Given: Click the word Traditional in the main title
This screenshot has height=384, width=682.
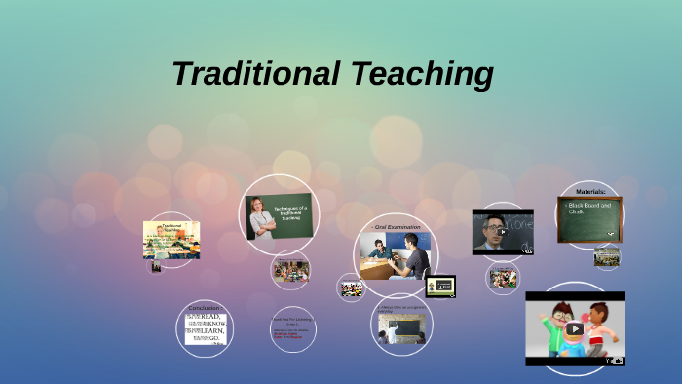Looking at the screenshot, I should click(256, 73).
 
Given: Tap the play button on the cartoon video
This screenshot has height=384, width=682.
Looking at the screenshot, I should click(574, 328).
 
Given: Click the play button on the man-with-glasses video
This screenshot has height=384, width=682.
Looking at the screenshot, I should click(502, 232).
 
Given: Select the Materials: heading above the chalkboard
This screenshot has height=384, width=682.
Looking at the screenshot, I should click(590, 192).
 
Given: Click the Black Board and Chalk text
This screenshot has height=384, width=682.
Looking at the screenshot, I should click(589, 209).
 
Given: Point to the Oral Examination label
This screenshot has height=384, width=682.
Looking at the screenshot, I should click(398, 227).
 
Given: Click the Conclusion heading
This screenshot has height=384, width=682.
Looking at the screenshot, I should click(204, 308).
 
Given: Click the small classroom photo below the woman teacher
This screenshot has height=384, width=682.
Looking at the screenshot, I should click(290, 270).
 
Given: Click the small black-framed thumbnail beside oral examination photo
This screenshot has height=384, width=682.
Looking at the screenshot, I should click(440, 287).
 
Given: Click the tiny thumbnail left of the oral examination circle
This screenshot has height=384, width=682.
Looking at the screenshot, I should click(351, 288).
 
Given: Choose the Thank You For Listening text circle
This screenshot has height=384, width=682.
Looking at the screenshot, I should click(291, 327).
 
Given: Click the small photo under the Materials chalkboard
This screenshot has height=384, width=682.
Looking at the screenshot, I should click(606, 255).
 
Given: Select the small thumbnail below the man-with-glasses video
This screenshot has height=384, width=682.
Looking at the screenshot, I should click(503, 278).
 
